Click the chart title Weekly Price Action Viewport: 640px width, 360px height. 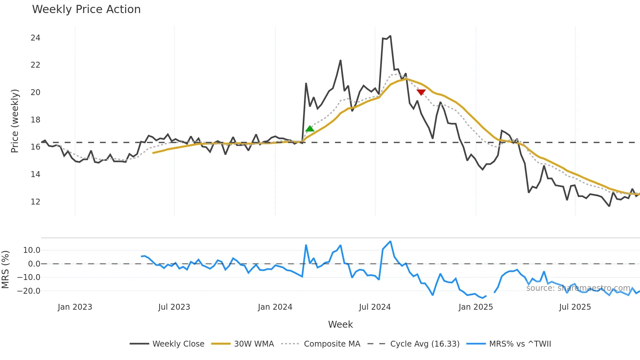tap(86, 9)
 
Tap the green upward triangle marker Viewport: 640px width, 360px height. tap(310, 129)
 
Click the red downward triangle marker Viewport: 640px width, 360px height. tap(421, 92)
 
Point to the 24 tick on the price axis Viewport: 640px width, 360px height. tap(35, 38)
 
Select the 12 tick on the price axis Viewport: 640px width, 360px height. tap(35, 202)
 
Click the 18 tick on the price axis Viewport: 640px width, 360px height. tap(35, 120)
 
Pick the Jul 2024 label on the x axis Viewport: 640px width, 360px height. tap(375, 307)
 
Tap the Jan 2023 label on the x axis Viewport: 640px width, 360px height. tap(75, 307)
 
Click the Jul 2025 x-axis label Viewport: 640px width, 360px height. tap(575, 307)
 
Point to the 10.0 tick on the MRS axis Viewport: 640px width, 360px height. tap(32, 250)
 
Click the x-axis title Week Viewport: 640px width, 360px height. tap(340, 324)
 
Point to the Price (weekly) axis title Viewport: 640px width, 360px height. tap(15, 121)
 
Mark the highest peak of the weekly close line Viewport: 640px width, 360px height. tap(390, 36)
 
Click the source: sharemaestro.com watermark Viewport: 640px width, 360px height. tap(578, 288)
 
